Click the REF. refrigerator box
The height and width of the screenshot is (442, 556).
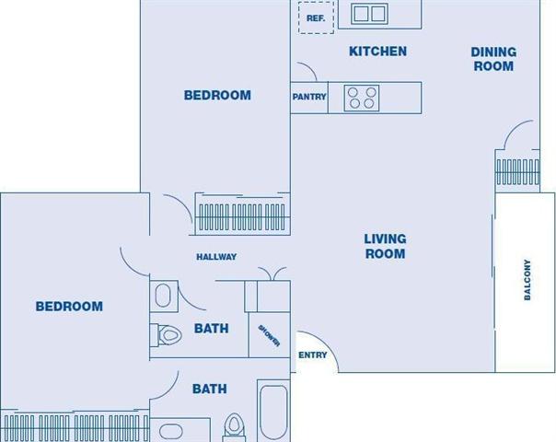(x=316, y=17)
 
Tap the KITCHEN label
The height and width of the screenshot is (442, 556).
(x=377, y=52)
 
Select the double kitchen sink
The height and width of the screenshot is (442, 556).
(x=370, y=14)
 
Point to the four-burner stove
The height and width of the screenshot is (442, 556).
(x=362, y=98)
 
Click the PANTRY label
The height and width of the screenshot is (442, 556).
(x=309, y=97)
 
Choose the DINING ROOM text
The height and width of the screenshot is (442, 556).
(x=493, y=59)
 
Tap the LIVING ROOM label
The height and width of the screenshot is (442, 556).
(x=385, y=246)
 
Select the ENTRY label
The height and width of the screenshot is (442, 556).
(x=313, y=355)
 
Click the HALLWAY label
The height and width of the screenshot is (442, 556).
(x=216, y=257)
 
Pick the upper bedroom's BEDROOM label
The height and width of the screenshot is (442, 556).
(x=217, y=95)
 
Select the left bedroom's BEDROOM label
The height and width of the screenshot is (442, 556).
(x=69, y=307)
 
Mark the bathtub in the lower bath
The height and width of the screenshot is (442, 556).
(x=274, y=412)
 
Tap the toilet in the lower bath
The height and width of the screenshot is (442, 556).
(x=234, y=426)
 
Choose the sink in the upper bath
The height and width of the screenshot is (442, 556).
(x=163, y=296)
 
